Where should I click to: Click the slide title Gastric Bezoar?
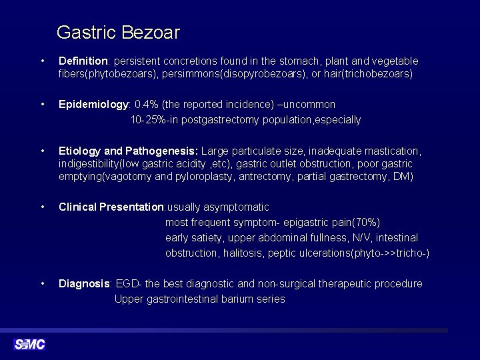(x=118, y=32)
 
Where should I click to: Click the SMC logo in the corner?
(x=29, y=344)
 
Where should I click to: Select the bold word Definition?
(x=83, y=61)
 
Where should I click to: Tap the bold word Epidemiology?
(x=93, y=105)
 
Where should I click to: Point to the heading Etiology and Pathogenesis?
(x=128, y=151)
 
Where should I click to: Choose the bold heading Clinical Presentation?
(x=111, y=207)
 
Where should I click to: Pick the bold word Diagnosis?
(x=85, y=284)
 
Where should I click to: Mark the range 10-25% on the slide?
(x=146, y=120)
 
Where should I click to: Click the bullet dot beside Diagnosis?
(x=43, y=284)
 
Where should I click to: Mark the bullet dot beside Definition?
(x=43, y=61)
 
